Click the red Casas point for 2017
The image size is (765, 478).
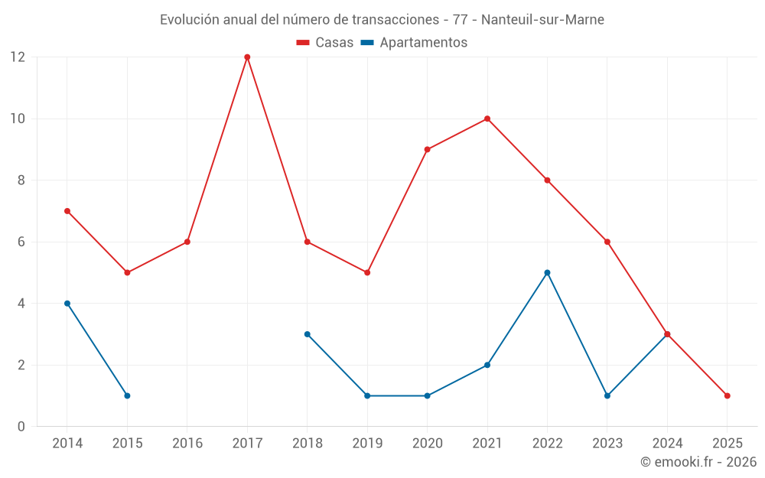click(247, 57)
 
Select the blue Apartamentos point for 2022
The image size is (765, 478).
click(547, 273)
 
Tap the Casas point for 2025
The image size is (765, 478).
click(727, 395)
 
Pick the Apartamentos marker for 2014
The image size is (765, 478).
click(67, 304)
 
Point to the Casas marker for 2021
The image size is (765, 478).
click(487, 119)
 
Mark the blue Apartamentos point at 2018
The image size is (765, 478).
click(307, 334)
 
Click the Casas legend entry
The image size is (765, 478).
click(325, 43)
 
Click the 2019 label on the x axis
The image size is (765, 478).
click(367, 444)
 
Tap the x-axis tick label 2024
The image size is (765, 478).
click(667, 444)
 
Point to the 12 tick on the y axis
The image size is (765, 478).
click(18, 57)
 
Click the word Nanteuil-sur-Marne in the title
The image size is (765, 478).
click(542, 20)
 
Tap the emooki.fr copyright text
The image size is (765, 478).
click(698, 462)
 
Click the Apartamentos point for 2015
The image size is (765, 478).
click(127, 395)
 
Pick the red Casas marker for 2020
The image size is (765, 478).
click(427, 149)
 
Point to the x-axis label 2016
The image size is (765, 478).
click(187, 444)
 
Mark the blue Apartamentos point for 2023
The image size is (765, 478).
click(607, 395)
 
